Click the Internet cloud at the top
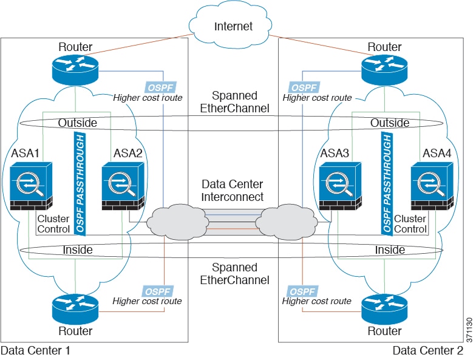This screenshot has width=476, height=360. pos(233,26)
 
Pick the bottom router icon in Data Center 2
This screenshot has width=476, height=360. pos(384,309)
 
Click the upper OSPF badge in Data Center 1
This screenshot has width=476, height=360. pos(160,87)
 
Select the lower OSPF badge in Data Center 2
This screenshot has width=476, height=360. pos(302,290)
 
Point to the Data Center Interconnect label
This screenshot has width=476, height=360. pos(233,191)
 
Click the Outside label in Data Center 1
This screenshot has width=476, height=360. pos(77,123)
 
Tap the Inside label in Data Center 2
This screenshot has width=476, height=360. pos(390,250)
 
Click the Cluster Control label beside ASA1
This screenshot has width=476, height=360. pos(53,223)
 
